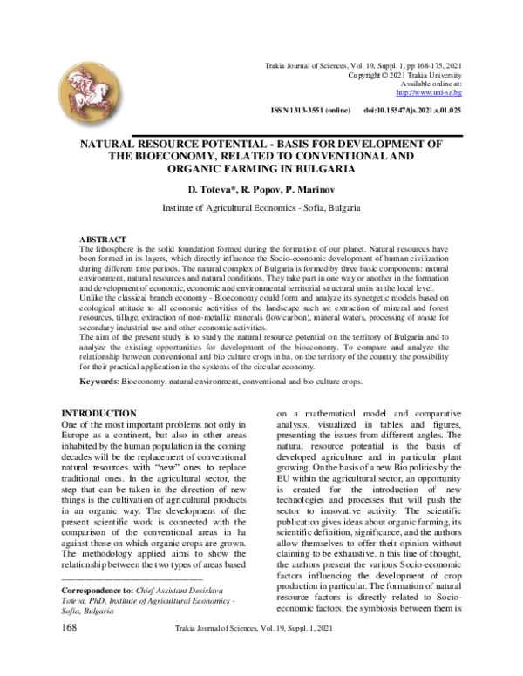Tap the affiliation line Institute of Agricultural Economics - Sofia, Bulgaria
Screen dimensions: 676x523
(x=261, y=210)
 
